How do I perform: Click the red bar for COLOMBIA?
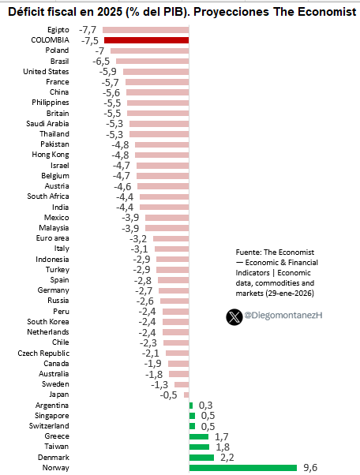[x=146, y=39]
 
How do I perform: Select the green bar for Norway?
[x=242, y=467]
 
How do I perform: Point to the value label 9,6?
[x=311, y=467]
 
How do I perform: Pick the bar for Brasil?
[x=152, y=61]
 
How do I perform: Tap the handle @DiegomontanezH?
[x=283, y=316]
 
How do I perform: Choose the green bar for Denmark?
[x=201, y=457]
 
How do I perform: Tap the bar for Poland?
[x=149, y=50]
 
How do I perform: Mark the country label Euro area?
[x=52, y=237]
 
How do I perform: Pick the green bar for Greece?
[x=198, y=436]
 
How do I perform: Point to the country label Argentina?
[x=51, y=405]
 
